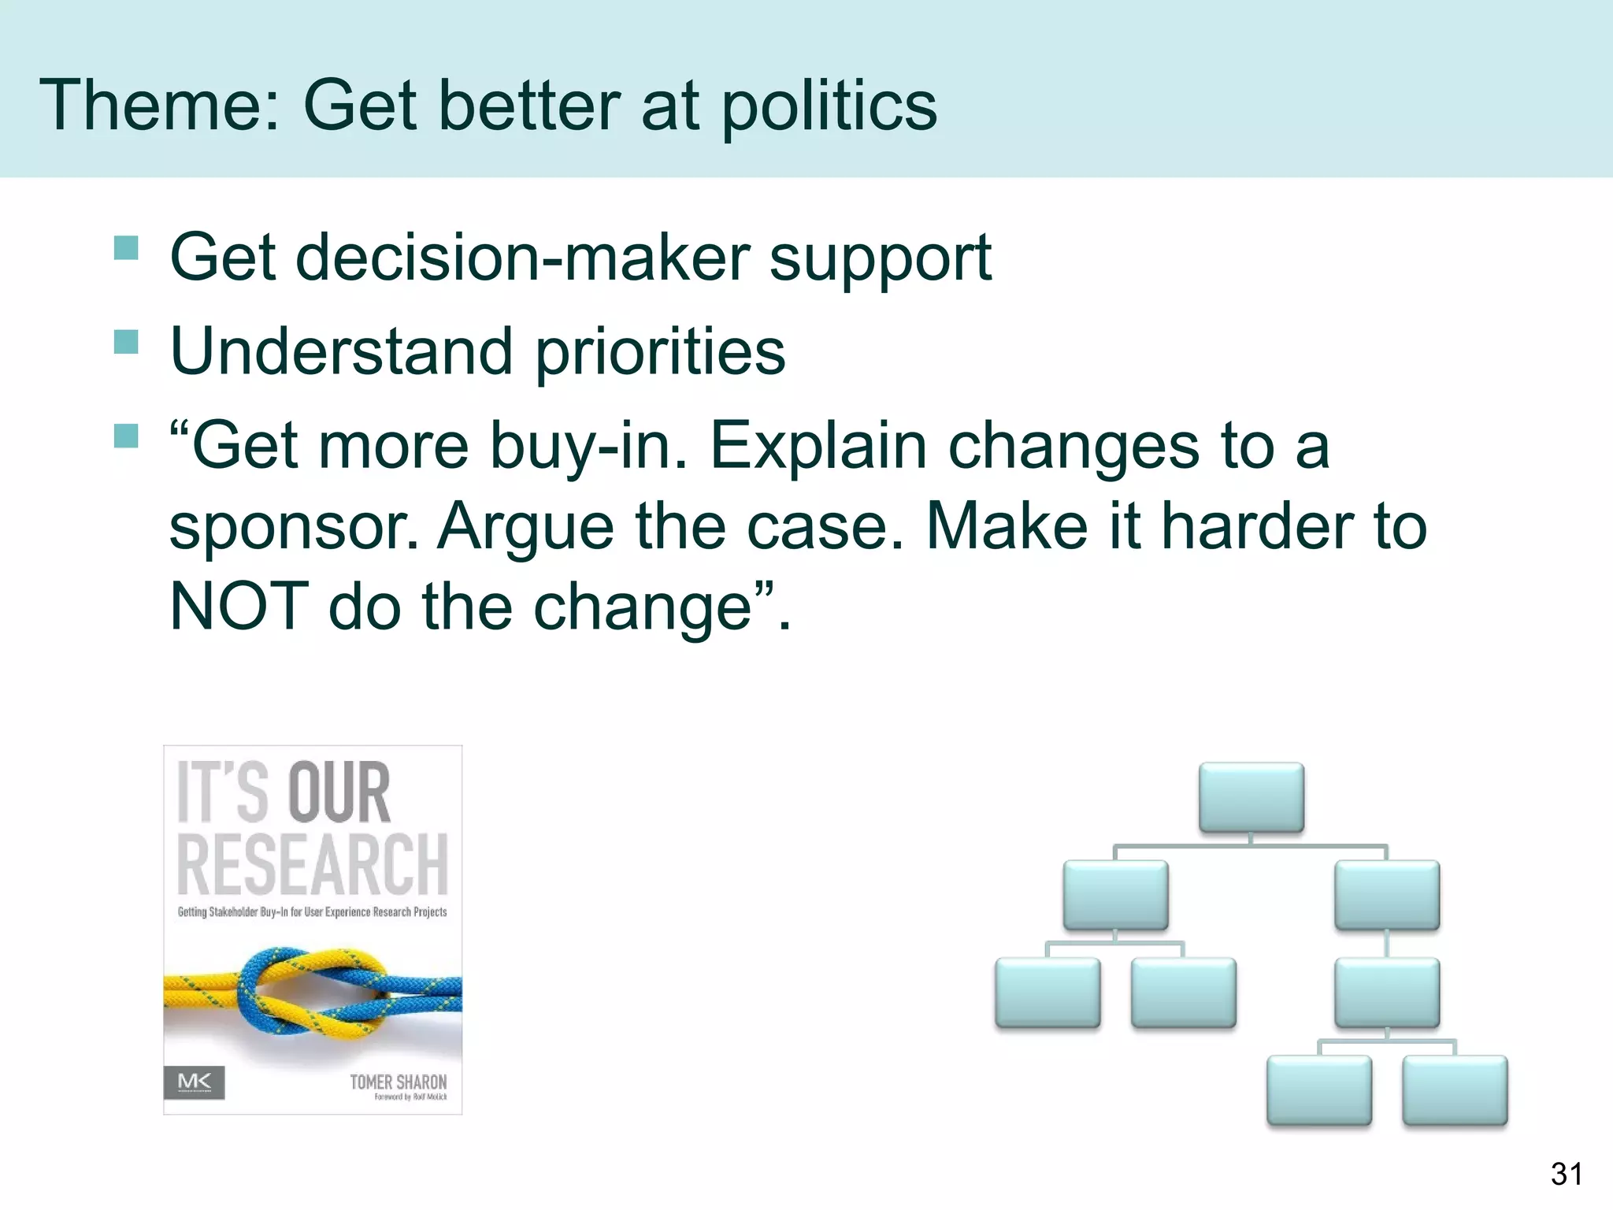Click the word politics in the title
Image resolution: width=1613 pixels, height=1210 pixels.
tap(829, 106)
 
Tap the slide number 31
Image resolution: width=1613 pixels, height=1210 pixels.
tap(1566, 1175)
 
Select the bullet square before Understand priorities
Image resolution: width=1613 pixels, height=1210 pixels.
tap(126, 342)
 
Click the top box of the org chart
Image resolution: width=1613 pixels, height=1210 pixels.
tap(1251, 797)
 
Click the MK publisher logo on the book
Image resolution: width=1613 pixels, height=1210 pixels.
tap(195, 1082)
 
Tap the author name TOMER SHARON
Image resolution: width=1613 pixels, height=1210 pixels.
tap(398, 1082)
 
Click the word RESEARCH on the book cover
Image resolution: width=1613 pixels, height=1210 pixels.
tap(313, 865)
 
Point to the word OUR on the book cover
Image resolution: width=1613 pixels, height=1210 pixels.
tap(339, 793)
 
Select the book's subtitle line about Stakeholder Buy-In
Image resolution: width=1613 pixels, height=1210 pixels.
tap(312, 912)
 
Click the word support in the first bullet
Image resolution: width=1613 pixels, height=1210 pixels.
tap(880, 260)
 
